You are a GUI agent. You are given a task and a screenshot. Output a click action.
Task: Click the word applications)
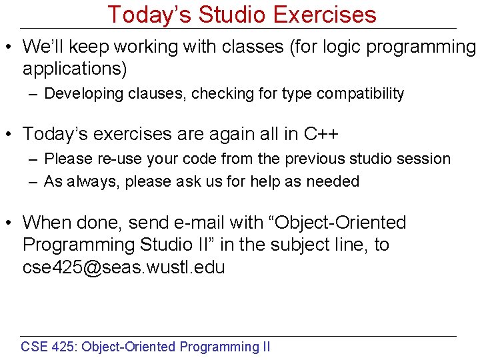click(75, 69)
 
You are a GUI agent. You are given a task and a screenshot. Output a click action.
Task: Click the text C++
click(321, 134)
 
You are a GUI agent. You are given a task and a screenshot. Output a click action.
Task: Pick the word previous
click(310, 159)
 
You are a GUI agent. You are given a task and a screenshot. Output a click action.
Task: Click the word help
click(261, 181)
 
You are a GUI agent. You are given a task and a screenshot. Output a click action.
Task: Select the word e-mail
click(186, 223)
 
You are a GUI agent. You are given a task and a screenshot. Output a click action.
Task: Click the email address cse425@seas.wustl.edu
click(123, 267)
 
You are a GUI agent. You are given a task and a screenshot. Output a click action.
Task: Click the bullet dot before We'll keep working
click(11, 47)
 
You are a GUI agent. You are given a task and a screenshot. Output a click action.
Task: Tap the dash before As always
click(33, 182)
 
